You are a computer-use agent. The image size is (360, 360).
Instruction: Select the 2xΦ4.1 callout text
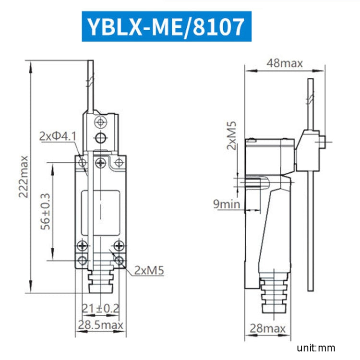click(x=58, y=136)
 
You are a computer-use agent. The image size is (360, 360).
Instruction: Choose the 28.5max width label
click(x=100, y=325)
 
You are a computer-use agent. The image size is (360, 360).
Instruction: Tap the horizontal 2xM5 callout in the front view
click(x=149, y=270)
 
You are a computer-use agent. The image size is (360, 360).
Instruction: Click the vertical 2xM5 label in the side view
click(x=232, y=135)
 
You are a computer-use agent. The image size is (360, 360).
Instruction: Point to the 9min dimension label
click(x=227, y=204)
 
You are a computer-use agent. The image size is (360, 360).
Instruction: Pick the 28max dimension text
click(x=267, y=329)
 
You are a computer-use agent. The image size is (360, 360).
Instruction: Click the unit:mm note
click(x=315, y=348)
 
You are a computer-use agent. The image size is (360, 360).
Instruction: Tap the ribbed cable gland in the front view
click(x=100, y=278)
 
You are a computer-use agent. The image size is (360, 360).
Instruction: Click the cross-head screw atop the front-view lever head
click(x=100, y=121)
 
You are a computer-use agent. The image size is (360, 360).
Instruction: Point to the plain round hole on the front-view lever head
click(x=100, y=139)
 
